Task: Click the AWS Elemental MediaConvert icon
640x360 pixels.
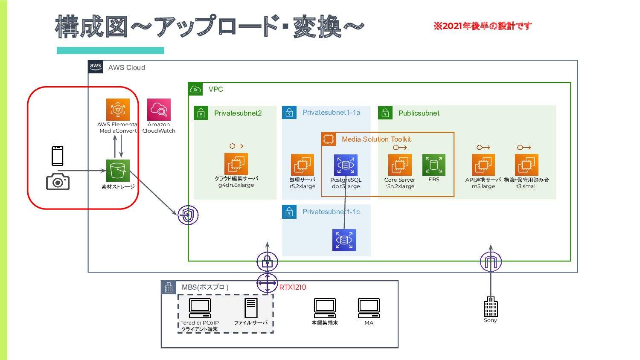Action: (x=118, y=110)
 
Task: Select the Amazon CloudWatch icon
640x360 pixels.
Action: (x=159, y=110)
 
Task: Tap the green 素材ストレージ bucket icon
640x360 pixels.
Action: (x=118, y=171)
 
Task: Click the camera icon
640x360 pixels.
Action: (x=58, y=181)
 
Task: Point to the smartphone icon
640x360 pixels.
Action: (x=58, y=156)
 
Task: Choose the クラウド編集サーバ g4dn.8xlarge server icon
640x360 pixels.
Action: (x=236, y=164)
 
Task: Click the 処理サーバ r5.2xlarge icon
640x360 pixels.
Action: (x=303, y=165)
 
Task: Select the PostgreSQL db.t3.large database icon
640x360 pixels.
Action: (x=346, y=165)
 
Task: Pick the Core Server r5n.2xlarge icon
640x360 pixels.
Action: (x=400, y=165)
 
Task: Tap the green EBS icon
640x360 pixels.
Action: (x=434, y=165)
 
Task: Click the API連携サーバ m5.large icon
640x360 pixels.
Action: (x=483, y=165)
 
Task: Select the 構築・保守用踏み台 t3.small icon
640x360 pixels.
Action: (x=527, y=165)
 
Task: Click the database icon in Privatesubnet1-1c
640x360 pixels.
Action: (x=344, y=240)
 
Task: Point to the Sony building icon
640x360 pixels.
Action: (x=491, y=307)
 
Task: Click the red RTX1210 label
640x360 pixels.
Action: (x=293, y=287)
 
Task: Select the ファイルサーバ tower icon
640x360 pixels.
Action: (x=251, y=308)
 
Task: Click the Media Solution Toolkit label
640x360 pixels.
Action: (x=376, y=139)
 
